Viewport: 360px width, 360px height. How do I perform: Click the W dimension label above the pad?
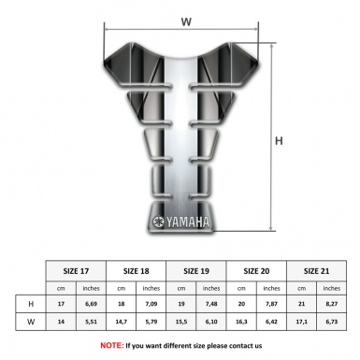click(186, 19)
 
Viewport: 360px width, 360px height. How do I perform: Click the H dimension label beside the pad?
click(278, 141)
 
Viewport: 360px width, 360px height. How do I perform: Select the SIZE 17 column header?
click(77, 270)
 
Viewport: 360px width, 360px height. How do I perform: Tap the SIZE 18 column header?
click(137, 270)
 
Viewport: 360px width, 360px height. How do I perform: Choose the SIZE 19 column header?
click(197, 270)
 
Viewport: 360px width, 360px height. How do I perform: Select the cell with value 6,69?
click(92, 305)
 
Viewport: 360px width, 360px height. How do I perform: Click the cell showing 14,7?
click(122, 323)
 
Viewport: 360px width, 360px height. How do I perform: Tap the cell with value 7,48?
click(212, 305)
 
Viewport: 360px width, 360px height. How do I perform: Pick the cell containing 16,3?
click(242, 323)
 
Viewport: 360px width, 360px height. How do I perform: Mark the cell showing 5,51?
click(92, 323)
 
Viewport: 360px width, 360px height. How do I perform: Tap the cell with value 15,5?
click(181, 323)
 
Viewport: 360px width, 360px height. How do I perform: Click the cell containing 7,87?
click(272, 305)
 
